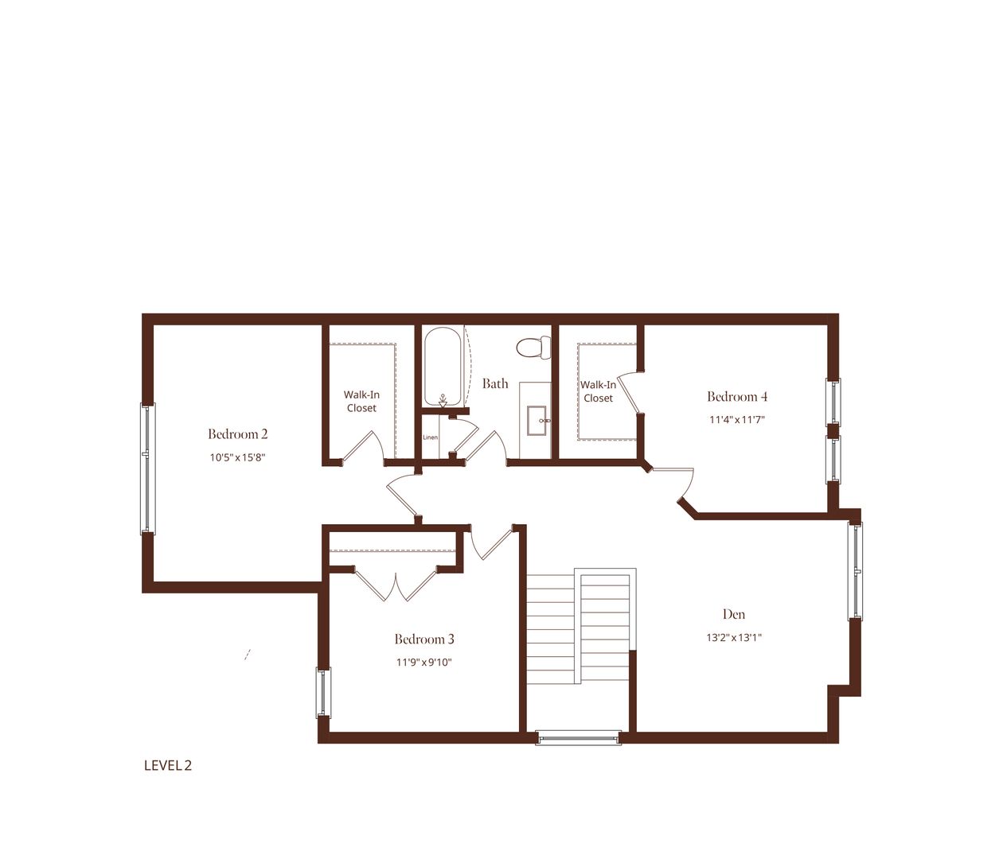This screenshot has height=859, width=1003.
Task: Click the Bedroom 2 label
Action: (238, 433)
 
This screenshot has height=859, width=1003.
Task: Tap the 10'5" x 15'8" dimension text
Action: (238, 457)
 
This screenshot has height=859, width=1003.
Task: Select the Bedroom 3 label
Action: (424, 639)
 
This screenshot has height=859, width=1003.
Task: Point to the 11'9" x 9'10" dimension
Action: (424, 663)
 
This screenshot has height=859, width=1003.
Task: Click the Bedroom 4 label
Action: (737, 397)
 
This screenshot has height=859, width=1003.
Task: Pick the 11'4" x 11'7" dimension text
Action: (737, 420)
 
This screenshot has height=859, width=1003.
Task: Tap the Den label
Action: (734, 614)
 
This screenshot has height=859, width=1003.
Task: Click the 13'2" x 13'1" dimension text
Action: (734, 637)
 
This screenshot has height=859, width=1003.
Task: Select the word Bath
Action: (495, 383)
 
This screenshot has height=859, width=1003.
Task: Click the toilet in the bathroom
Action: (533, 348)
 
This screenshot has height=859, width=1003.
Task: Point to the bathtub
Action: (443, 367)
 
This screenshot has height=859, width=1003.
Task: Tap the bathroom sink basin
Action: (537, 421)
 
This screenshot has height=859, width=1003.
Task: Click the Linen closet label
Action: (431, 437)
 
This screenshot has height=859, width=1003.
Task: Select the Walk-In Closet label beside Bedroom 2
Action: (361, 402)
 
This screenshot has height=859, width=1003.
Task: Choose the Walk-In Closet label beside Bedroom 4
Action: (599, 391)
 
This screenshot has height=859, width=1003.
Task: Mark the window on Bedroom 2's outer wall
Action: (147, 468)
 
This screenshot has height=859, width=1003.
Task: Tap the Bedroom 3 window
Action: (323, 693)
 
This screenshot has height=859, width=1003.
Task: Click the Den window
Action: (855, 570)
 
